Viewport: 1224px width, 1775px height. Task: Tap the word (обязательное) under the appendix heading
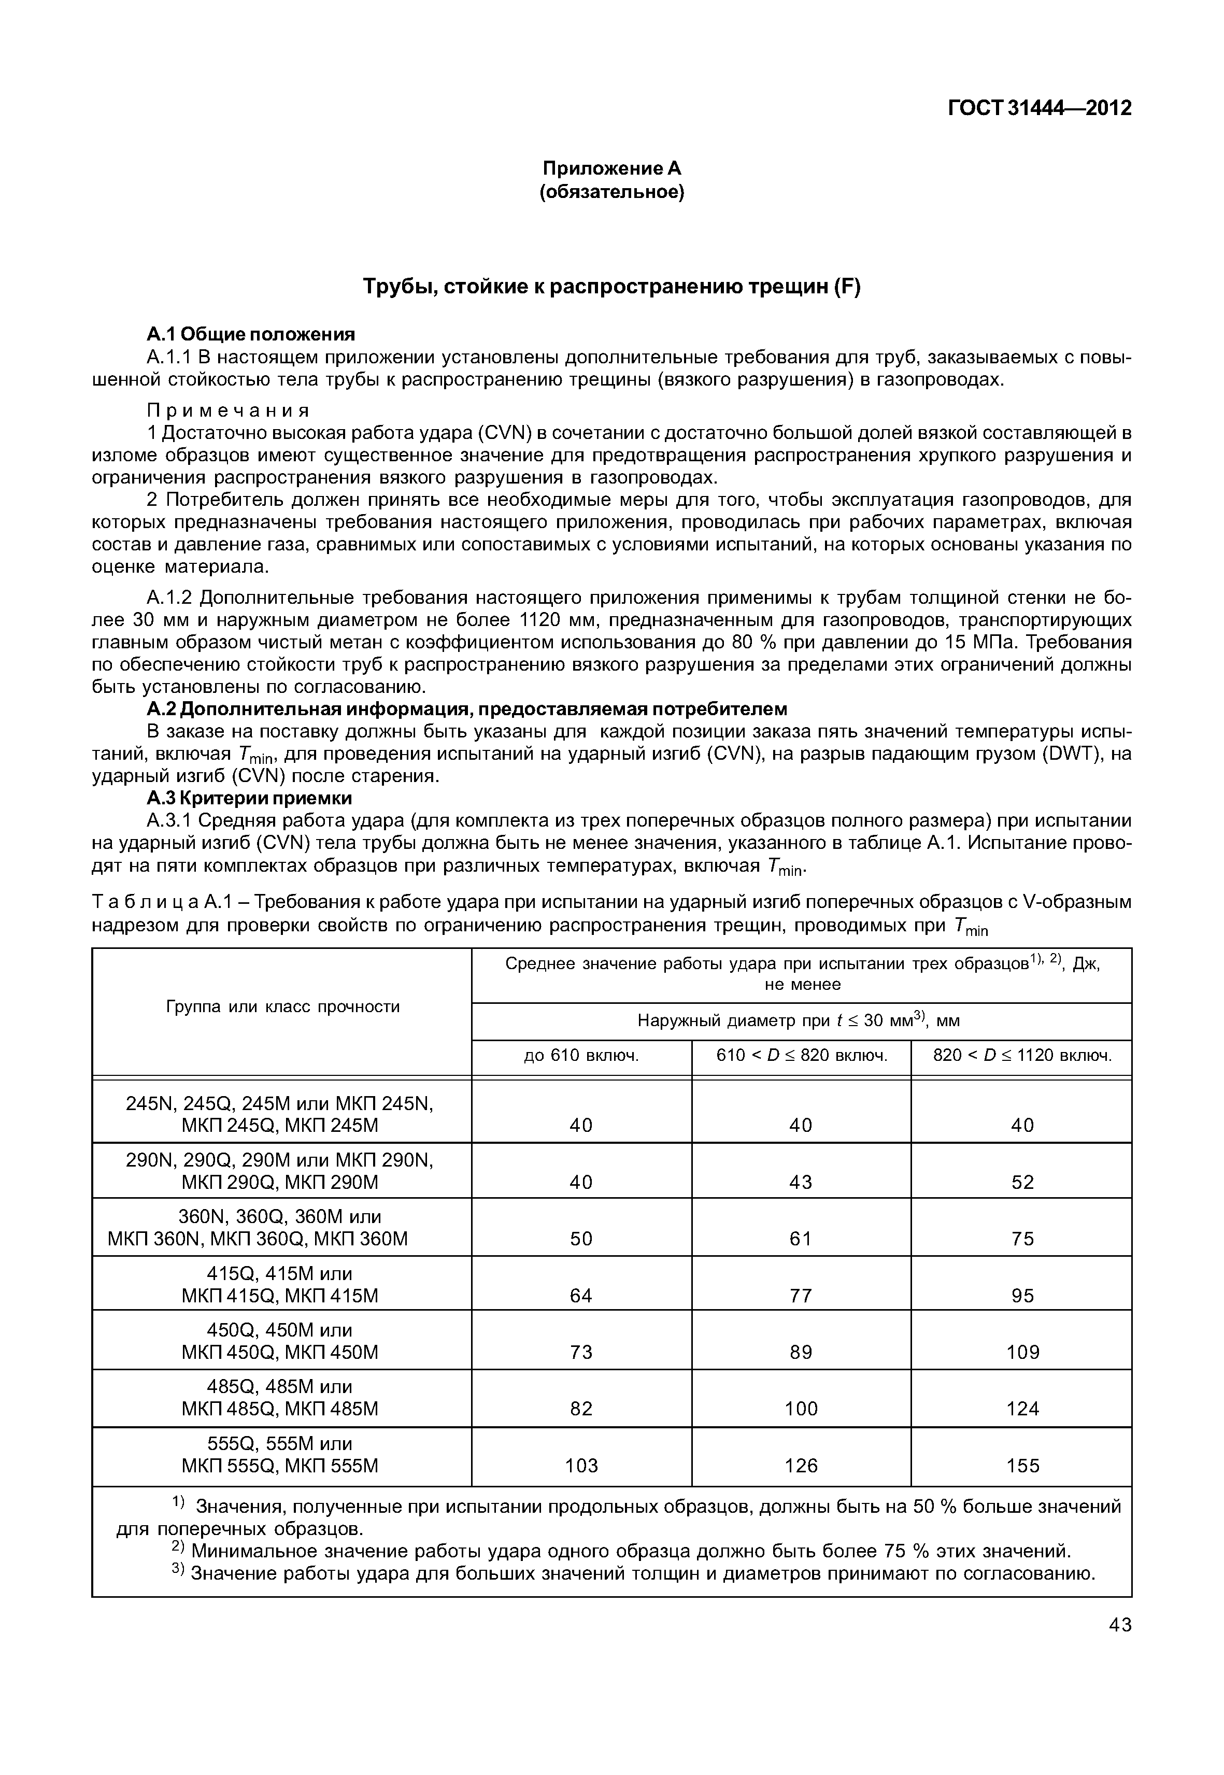612,191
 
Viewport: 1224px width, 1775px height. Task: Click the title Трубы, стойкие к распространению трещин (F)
612,287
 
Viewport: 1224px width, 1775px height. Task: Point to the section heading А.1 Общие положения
251,334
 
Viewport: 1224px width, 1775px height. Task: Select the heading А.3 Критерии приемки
249,798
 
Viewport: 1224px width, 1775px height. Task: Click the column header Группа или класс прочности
282,1006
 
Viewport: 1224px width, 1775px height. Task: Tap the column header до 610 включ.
581,1056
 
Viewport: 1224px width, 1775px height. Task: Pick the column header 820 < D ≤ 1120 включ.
1021,1056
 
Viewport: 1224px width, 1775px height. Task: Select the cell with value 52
1022,1182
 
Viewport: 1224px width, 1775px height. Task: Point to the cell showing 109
1022,1352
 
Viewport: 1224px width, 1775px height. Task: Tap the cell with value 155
1022,1466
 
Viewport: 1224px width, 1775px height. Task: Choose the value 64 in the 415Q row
581,1296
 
